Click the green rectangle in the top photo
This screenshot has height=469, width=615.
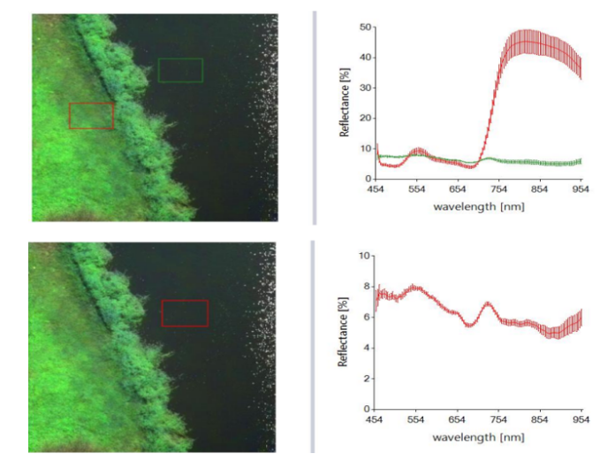coord(180,70)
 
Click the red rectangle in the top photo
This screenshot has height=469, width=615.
coord(92,116)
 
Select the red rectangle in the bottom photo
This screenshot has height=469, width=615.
coord(185,312)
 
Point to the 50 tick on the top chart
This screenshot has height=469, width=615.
coord(364,27)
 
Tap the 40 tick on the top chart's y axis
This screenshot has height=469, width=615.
coord(364,58)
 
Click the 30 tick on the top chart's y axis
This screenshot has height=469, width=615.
coord(364,88)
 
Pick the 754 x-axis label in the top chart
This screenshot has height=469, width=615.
coord(498,190)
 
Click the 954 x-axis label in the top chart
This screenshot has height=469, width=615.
coord(581,190)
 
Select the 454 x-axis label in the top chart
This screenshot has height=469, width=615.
coord(376,190)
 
